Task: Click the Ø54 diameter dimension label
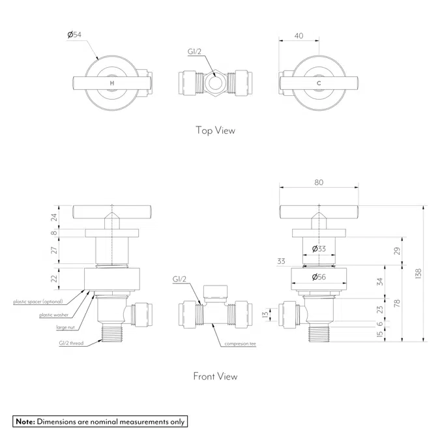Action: tap(74, 35)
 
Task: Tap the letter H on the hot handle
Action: tap(112, 83)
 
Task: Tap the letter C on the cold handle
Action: tap(319, 83)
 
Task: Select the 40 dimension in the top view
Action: tap(299, 36)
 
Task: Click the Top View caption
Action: tap(215, 130)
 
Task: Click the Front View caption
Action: tap(215, 376)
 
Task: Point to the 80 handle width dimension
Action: tap(319, 183)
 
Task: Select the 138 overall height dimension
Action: tap(418, 273)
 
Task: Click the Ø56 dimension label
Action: tap(319, 277)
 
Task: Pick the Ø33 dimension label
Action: tap(319, 248)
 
